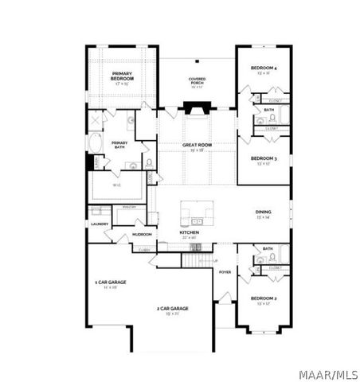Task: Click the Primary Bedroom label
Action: [x=122, y=78]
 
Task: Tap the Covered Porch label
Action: [x=197, y=80]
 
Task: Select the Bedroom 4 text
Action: [x=264, y=69]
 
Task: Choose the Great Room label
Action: [x=196, y=146]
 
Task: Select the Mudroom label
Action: [x=142, y=235]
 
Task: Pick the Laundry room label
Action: [x=100, y=224]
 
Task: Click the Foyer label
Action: [x=225, y=271]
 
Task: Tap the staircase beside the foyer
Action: [x=198, y=259]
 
